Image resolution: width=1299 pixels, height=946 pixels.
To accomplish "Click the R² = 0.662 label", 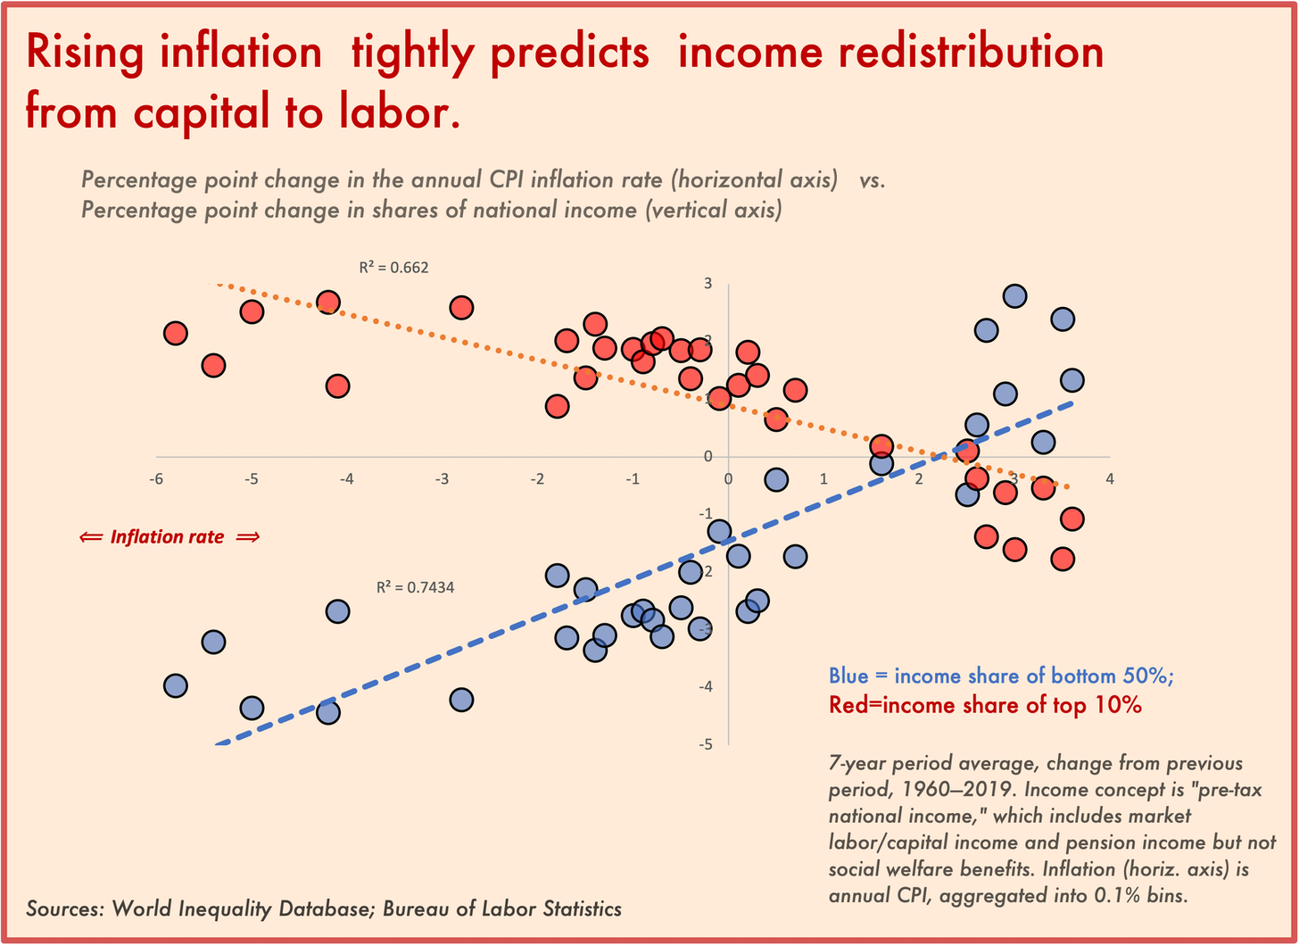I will pos(393,266).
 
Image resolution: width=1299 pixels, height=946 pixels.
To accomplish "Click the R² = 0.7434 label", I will pos(415,587).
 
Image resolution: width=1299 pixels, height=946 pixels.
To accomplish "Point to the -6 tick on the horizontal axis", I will pos(156,478).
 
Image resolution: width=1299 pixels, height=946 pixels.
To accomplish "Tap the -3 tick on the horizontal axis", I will pos(442,478).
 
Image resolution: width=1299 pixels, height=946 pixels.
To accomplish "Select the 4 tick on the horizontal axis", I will pos(1109,478).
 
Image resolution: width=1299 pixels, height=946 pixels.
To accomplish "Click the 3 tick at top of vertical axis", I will pos(707,284).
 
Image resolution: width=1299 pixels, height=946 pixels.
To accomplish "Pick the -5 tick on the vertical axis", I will pos(707,743).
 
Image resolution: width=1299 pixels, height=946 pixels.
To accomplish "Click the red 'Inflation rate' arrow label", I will pos(169,537).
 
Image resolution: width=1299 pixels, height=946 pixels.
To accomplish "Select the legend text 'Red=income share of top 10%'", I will pos(985,705).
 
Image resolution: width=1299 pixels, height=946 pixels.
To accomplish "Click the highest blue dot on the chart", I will pos(1014,295).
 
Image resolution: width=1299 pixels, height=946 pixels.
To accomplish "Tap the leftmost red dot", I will pos(176,334).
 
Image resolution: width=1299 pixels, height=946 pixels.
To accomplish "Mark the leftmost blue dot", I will pos(176,685).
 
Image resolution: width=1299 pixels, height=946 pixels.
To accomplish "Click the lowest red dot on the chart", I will pos(1062,560).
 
